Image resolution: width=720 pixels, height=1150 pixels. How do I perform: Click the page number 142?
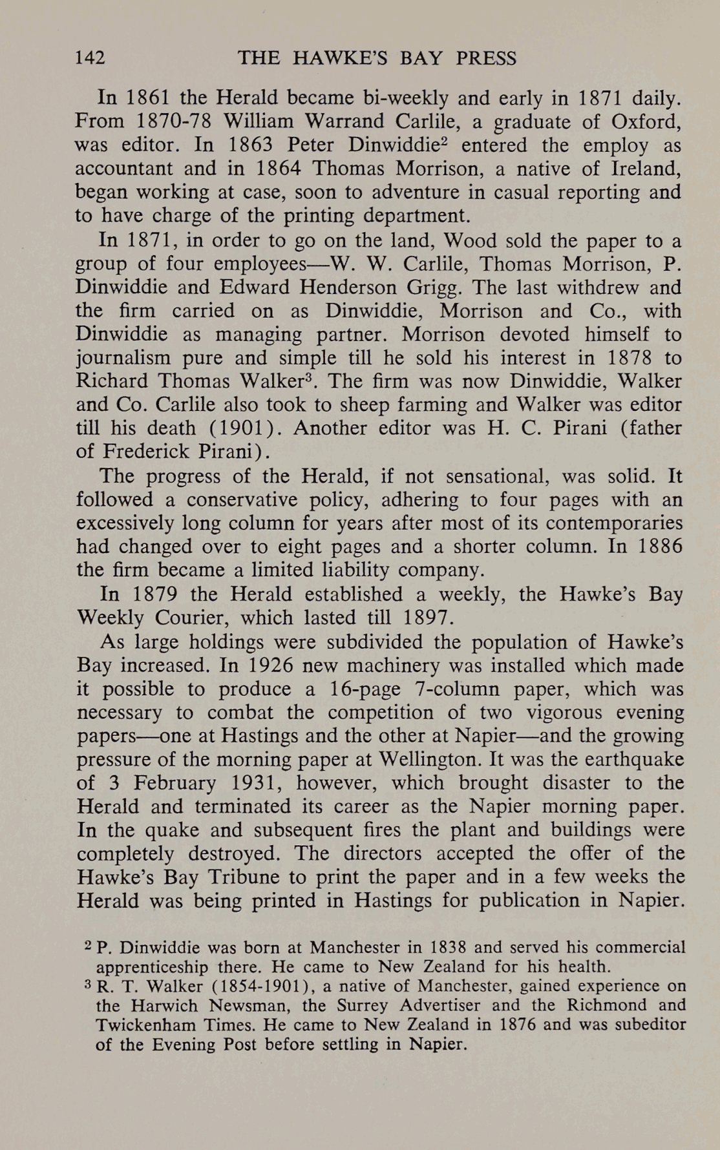pyautogui.click(x=90, y=59)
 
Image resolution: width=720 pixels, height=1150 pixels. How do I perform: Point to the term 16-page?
pyautogui.click(x=365, y=689)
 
